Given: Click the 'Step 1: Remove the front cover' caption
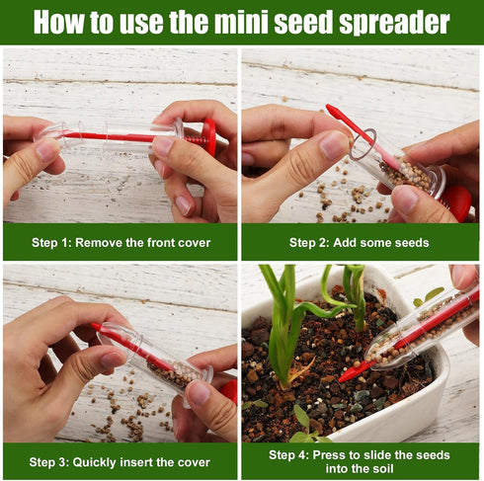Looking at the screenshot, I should (x=121, y=242).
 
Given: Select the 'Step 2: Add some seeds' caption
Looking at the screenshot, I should (x=362, y=242).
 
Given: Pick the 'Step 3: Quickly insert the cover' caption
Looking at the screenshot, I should (x=121, y=460).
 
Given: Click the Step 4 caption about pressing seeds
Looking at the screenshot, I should (x=362, y=460).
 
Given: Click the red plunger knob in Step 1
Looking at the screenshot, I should (x=209, y=136).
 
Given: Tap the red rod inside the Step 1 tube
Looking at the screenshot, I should (x=119, y=136).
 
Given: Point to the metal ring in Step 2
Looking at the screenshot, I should (x=363, y=143).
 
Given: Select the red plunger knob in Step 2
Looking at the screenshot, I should (x=456, y=202).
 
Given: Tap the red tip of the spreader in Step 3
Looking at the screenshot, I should (x=96, y=327).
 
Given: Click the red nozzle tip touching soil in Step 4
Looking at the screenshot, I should (x=347, y=375).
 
